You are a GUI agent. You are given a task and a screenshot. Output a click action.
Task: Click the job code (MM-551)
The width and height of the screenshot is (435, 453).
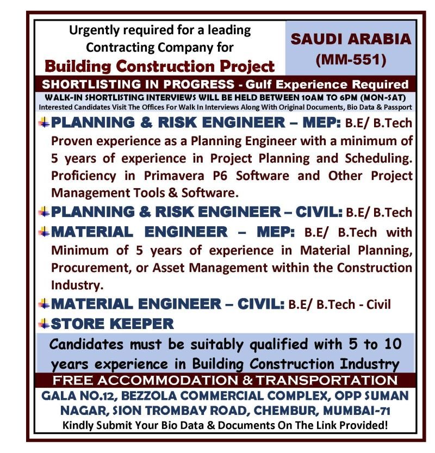point(351,59)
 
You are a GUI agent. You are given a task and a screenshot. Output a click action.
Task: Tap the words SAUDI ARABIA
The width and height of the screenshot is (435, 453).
point(351,40)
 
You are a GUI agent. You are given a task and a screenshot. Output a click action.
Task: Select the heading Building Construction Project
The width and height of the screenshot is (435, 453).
point(160,66)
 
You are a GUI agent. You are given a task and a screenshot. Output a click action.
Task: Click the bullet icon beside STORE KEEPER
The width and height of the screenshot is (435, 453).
point(45,324)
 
